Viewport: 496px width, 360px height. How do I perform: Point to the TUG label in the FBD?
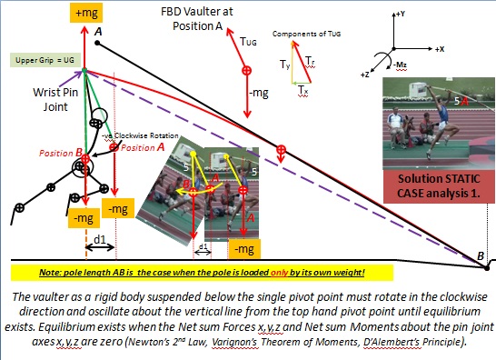pyautogui.click(x=249, y=42)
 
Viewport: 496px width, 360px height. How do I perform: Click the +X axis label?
pyautogui.click(x=440, y=45)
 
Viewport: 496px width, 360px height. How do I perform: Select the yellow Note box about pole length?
pyautogui.click(x=203, y=272)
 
